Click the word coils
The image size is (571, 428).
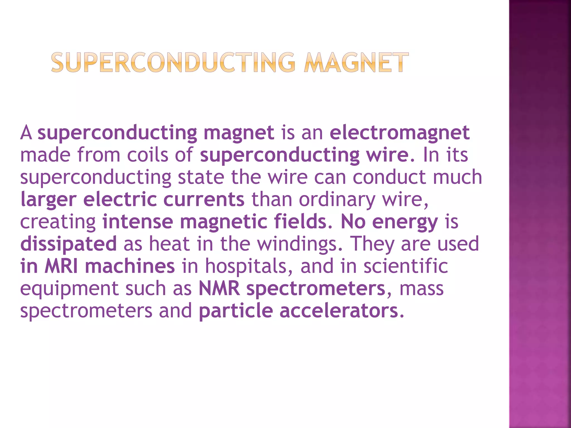[147, 155]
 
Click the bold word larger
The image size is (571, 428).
[49, 200]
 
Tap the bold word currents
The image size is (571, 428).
[204, 199]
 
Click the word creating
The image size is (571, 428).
[58, 222]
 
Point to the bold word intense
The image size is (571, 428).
[138, 222]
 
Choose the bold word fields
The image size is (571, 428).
[300, 222]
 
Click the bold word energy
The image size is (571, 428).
[405, 222]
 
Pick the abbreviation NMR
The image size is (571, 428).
[219, 288]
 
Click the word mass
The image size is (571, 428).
[421, 288]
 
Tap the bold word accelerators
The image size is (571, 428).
[339, 311]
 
